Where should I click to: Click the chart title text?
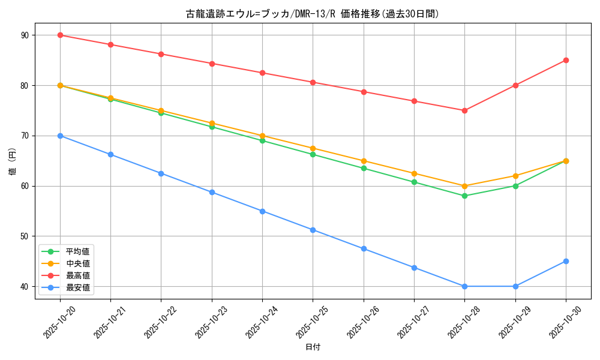point(312,14)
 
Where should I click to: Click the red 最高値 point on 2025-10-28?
point(464,110)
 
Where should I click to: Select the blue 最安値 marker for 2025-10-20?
point(60,136)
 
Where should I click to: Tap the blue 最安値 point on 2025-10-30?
point(566,261)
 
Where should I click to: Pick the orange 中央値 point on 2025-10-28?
point(464,186)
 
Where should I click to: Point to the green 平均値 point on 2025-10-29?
point(515,186)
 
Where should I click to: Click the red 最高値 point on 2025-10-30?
point(566,60)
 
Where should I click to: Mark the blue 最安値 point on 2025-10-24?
point(262,211)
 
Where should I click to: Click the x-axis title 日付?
point(313,347)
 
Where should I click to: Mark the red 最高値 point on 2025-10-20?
point(60,35)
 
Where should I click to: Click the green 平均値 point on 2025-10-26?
point(364,168)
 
